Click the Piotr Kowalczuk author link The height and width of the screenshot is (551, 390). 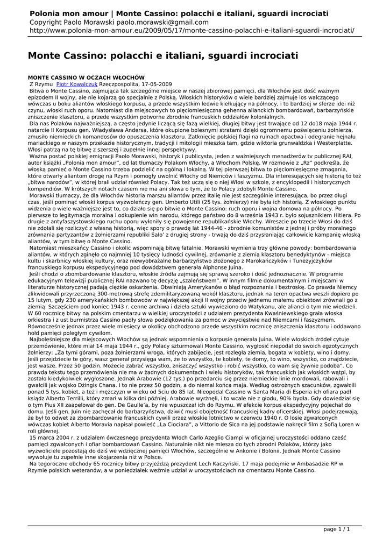tap(77, 84)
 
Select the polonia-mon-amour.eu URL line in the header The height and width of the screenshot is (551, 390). tap(192, 31)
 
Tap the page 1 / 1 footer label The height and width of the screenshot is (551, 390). tap(337, 529)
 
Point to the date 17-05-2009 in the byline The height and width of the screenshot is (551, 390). tap(157, 84)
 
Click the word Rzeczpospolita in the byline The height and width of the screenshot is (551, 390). tap(119, 84)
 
